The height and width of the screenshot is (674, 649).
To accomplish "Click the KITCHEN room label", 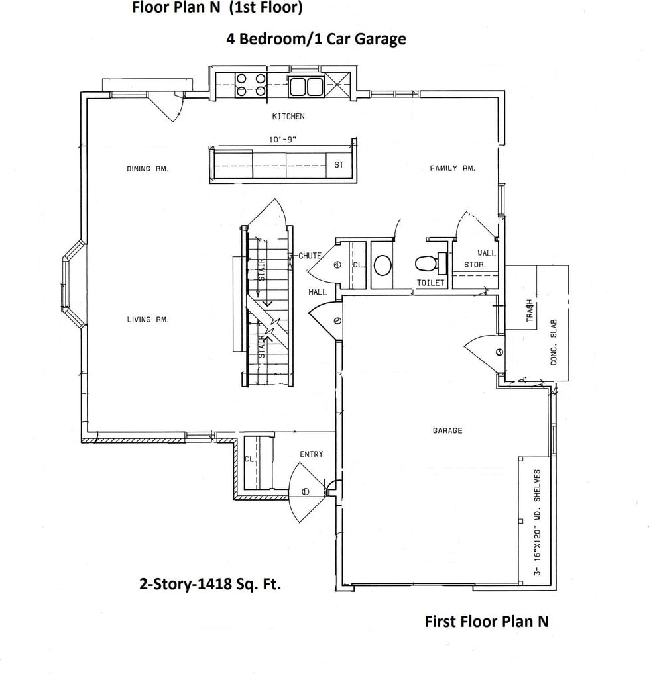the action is tap(288, 116).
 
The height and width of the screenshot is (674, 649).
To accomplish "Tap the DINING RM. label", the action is tap(148, 169).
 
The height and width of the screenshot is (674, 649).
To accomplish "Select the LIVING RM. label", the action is tap(148, 319).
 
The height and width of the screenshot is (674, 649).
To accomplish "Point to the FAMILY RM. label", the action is tap(453, 168).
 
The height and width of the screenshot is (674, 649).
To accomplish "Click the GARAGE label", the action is tap(447, 430).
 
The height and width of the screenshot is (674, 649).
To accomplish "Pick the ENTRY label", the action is tap(311, 454).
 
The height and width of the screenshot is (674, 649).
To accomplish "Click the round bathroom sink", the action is tap(383, 265).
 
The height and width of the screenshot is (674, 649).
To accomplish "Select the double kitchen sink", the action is tap(306, 86).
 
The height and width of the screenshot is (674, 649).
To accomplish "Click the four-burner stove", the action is tap(251, 85).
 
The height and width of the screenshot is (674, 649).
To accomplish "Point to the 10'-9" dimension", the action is tap(283, 140).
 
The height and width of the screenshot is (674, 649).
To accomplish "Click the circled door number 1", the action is tap(306, 492).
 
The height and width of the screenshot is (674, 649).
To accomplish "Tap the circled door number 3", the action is tap(499, 352).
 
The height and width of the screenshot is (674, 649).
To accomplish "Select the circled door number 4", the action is tap(337, 265).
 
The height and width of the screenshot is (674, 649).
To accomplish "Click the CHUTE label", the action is tap(310, 256).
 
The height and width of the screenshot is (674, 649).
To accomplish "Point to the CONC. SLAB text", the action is tap(554, 342).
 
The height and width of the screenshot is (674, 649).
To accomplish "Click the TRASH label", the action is tap(530, 311).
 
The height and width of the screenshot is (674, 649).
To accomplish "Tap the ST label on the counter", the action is tap(339, 165).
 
